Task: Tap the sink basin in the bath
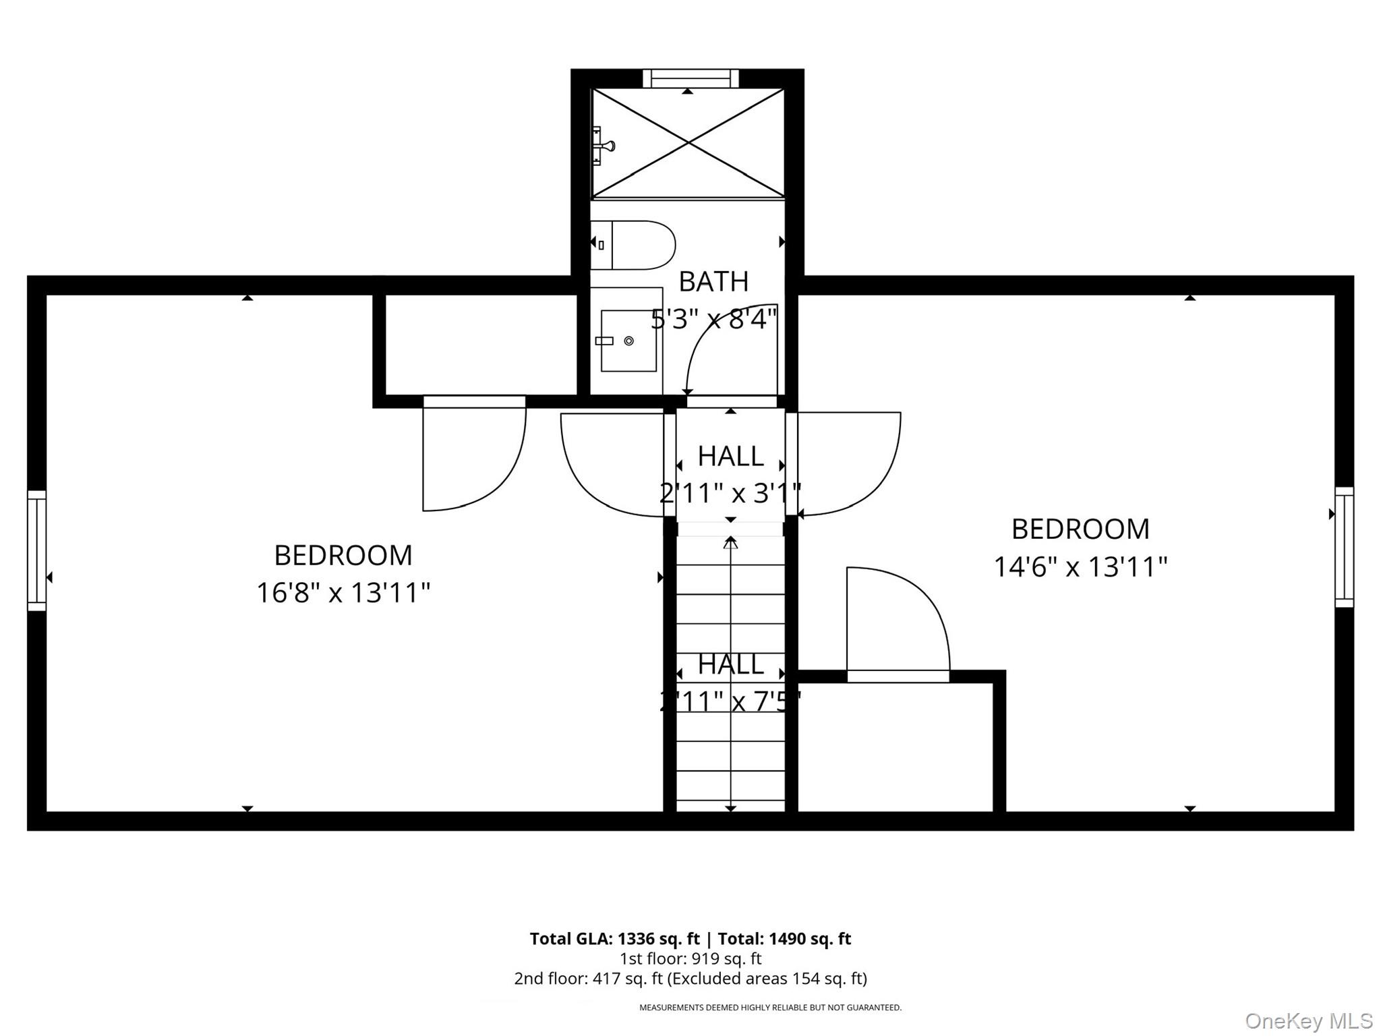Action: (x=628, y=341)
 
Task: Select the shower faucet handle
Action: (x=604, y=146)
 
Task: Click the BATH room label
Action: (x=713, y=282)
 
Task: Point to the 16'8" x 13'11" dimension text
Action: (x=343, y=593)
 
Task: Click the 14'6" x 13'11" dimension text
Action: (x=1080, y=567)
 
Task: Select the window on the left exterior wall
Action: (x=36, y=550)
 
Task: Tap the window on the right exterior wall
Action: (x=1344, y=547)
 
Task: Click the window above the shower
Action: (x=690, y=78)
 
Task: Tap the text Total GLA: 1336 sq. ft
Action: (x=614, y=939)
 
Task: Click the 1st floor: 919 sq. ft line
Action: (x=690, y=958)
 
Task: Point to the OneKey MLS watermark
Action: (x=1308, y=1020)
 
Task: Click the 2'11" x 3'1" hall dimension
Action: (x=730, y=493)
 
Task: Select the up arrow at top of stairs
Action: (x=730, y=542)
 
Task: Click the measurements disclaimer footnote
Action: (x=770, y=1008)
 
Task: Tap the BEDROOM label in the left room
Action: (x=343, y=556)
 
